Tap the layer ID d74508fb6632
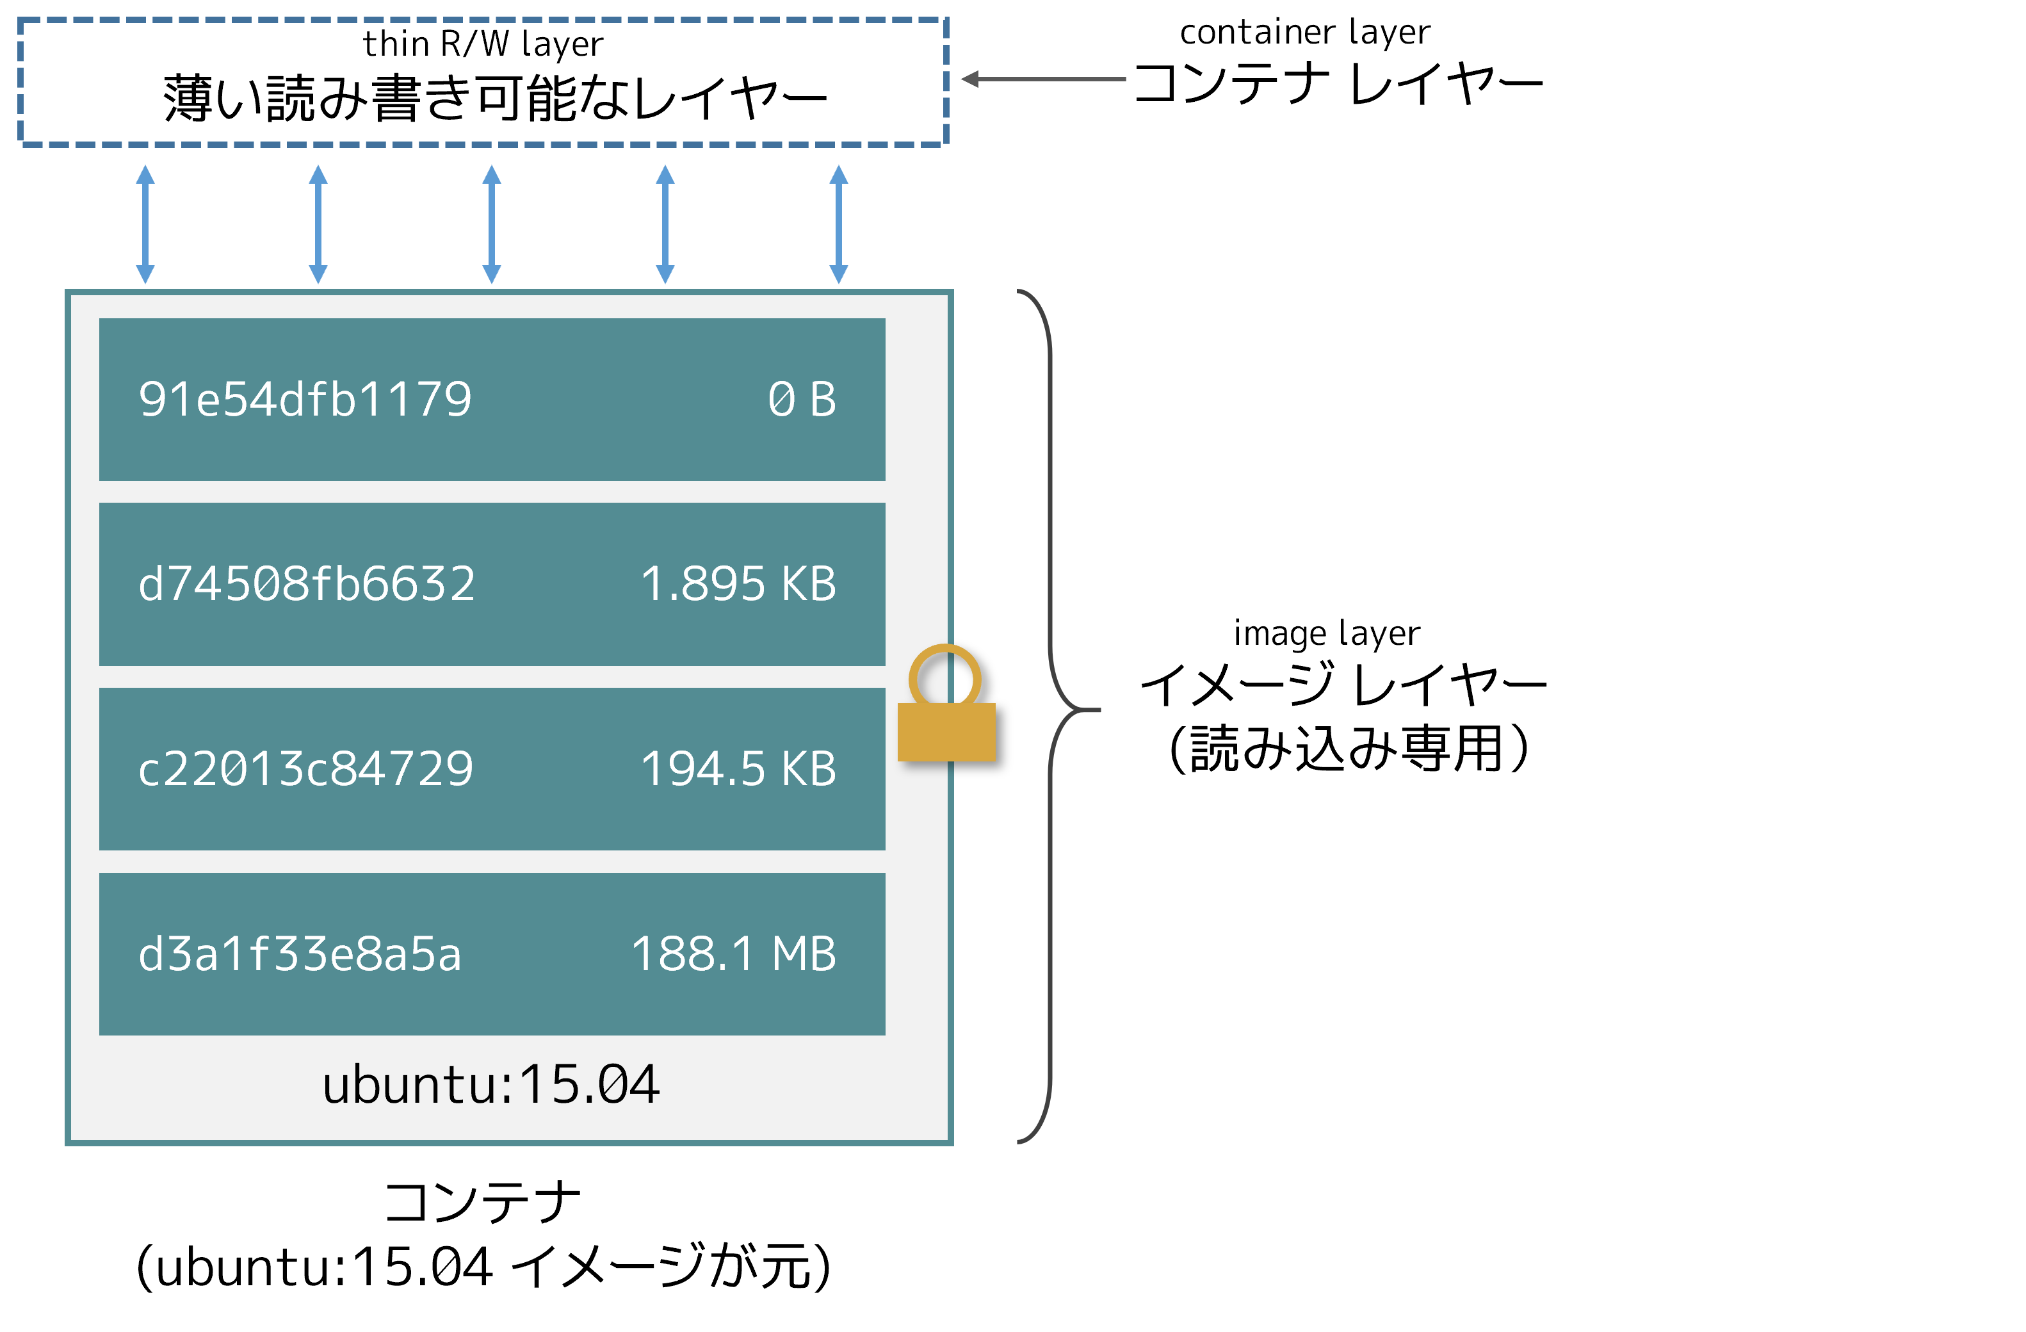tap(307, 584)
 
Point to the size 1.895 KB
tap(738, 584)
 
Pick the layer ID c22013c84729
tap(305, 768)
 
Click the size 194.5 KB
tap(738, 768)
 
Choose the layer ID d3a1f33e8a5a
tap(300, 954)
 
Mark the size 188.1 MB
tap(734, 954)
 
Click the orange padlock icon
tap(946, 703)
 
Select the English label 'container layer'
tap(1305, 33)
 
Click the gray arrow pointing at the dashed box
tap(1044, 79)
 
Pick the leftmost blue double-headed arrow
tap(145, 225)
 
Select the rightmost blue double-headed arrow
tap(838, 225)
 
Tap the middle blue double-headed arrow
tap(492, 225)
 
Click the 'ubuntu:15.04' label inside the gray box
tap(491, 1085)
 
